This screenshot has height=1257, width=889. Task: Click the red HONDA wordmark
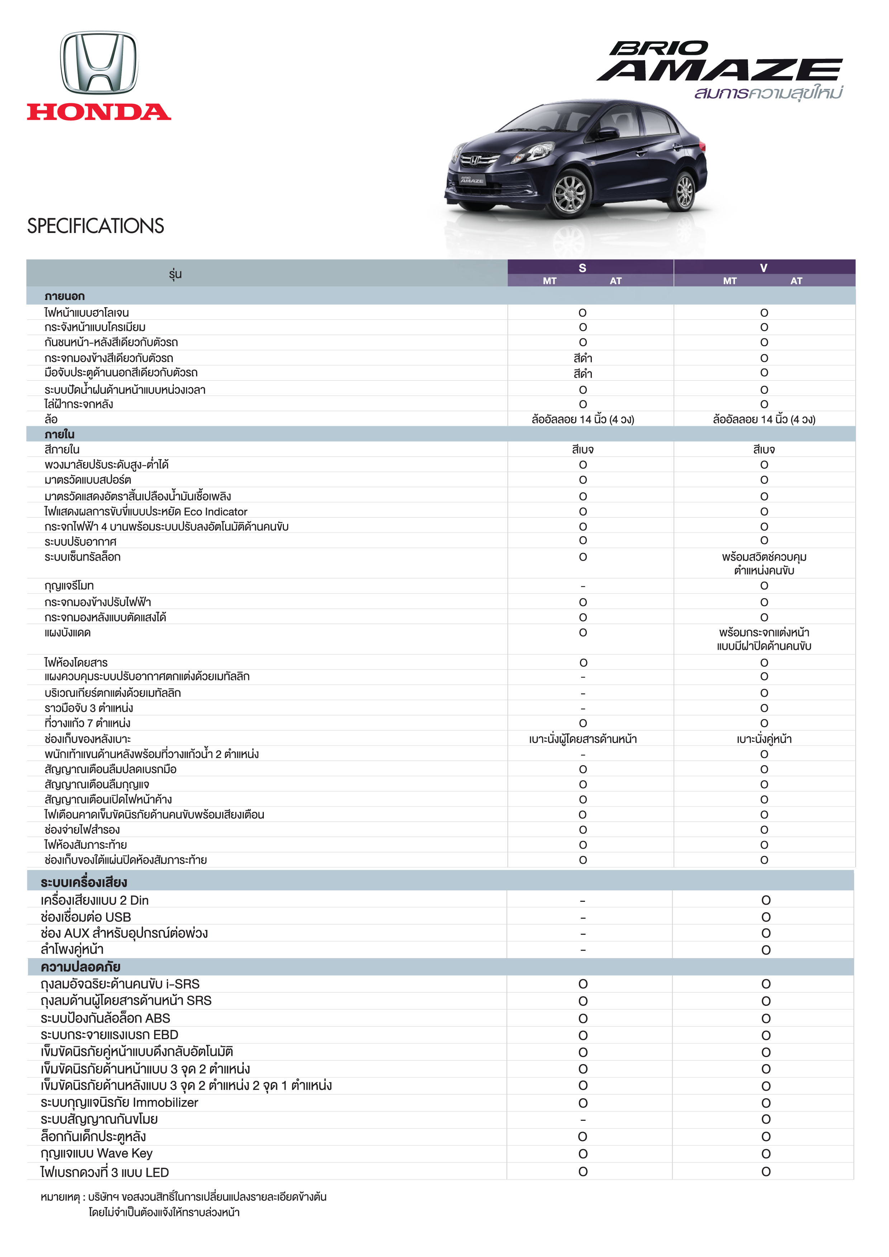click(x=99, y=112)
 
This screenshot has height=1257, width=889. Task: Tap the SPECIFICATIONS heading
click(x=95, y=225)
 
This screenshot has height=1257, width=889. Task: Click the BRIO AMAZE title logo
click(x=719, y=61)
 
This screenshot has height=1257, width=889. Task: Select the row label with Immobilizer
click(x=119, y=1102)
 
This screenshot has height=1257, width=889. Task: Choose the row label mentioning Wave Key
click(x=96, y=1153)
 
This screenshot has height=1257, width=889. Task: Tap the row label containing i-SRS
click(x=120, y=984)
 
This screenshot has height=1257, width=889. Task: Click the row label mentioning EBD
click(x=109, y=1035)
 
